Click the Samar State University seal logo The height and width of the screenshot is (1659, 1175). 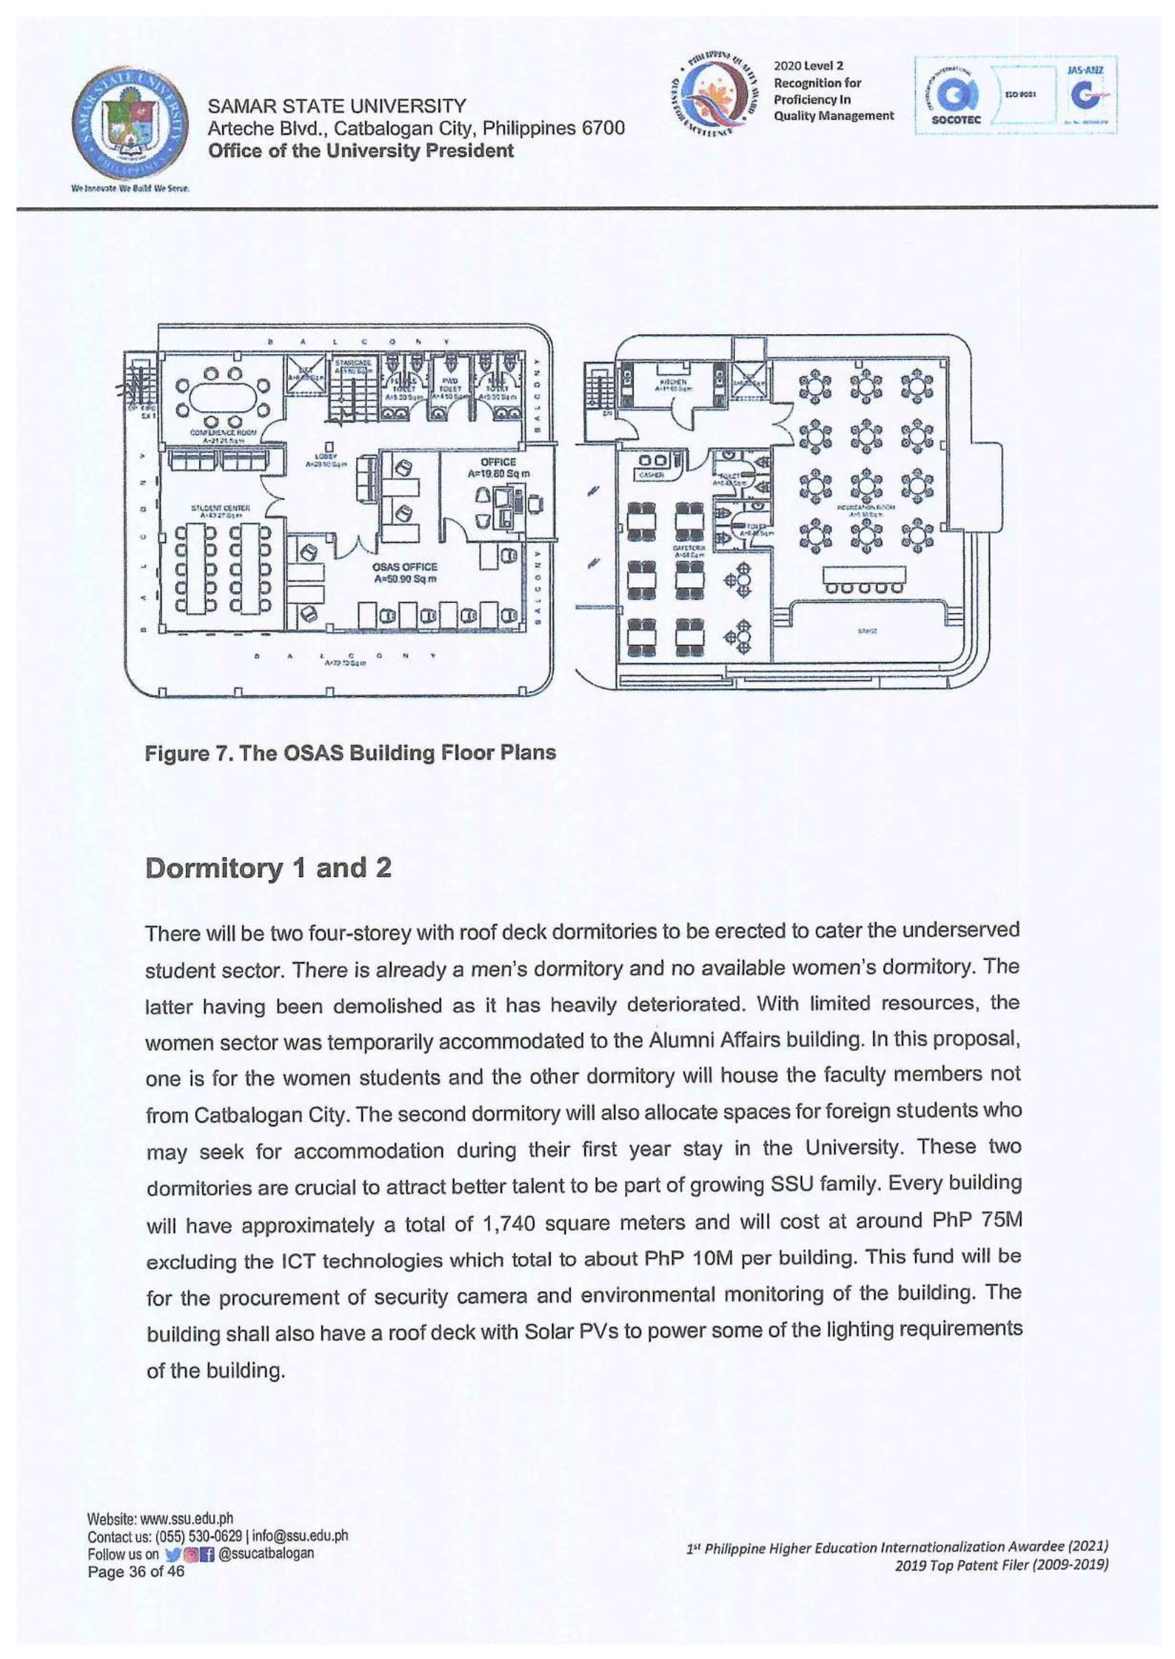[x=131, y=123]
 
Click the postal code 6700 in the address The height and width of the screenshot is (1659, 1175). [x=603, y=129]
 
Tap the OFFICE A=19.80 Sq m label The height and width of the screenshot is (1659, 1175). [x=498, y=468]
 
